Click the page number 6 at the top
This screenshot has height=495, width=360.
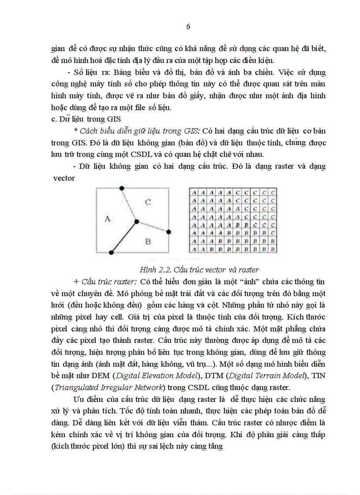point(188,26)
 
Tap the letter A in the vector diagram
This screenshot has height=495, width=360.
point(107,218)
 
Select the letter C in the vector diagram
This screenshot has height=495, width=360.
point(148,202)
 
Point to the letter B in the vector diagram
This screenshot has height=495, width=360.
point(148,241)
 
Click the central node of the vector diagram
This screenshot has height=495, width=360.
point(137,222)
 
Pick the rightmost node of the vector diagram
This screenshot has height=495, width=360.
point(169,232)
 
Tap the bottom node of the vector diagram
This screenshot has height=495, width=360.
point(111,253)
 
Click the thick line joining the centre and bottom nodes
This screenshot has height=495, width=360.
point(124,237)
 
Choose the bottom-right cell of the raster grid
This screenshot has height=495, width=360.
point(273,249)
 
